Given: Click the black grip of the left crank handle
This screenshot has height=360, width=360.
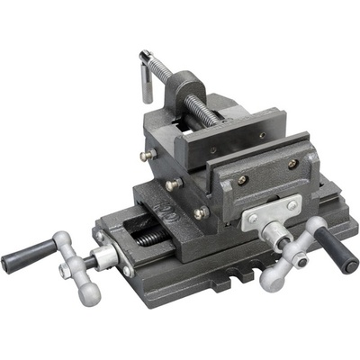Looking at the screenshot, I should pos(25,259).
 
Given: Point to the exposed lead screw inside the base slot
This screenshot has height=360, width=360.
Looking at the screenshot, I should pos(153,237).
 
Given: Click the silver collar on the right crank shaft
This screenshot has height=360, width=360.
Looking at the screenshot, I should pos(274,236).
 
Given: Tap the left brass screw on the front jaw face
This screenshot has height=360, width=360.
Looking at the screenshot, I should pos(241,180).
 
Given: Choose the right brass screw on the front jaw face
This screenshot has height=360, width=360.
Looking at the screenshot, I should pos(292,164).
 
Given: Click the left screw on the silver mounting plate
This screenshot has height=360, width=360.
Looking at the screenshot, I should pos(253,219).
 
